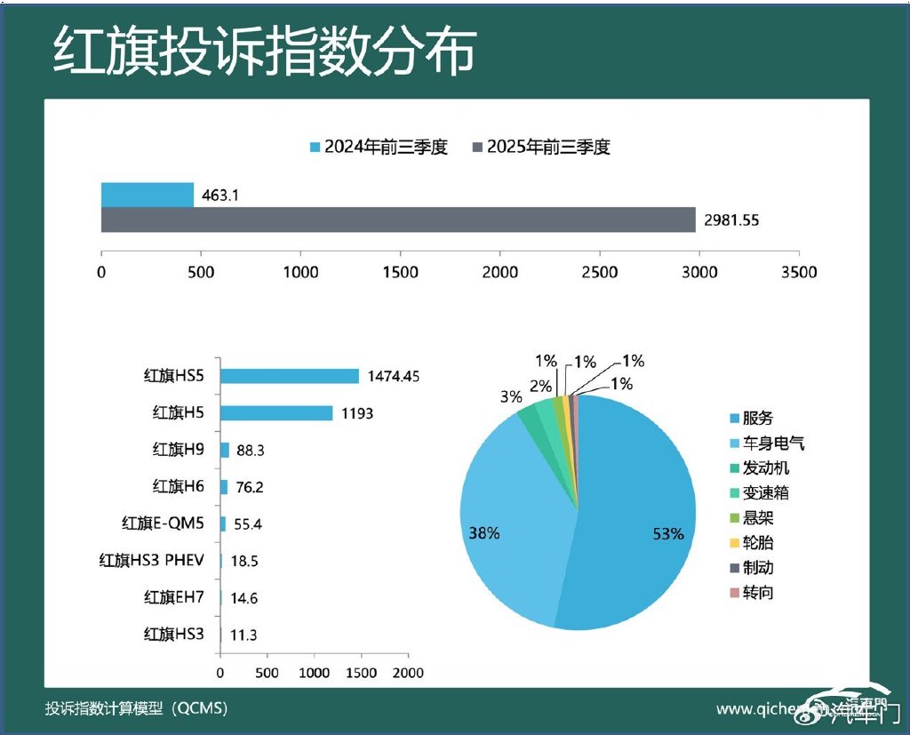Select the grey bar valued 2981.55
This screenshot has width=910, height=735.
[x=398, y=220]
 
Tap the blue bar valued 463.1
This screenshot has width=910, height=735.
[x=148, y=195]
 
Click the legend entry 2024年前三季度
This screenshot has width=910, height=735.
[x=378, y=148]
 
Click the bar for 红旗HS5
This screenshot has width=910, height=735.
[x=290, y=376]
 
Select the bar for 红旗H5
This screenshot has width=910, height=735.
[x=276, y=413]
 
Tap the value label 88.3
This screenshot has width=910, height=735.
[x=250, y=451]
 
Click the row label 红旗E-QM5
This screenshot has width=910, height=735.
[x=163, y=523]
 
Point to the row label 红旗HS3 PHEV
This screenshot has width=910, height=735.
[x=151, y=560]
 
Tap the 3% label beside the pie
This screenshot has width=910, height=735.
[x=510, y=397]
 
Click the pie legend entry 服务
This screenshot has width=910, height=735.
[x=757, y=418]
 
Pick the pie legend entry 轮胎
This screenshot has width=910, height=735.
[x=757, y=543]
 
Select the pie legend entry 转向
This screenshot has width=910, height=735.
[x=757, y=592]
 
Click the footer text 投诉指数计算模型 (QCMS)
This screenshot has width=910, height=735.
[x=137, y=708]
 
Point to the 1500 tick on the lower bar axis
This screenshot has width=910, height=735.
[x=361, y=673]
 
